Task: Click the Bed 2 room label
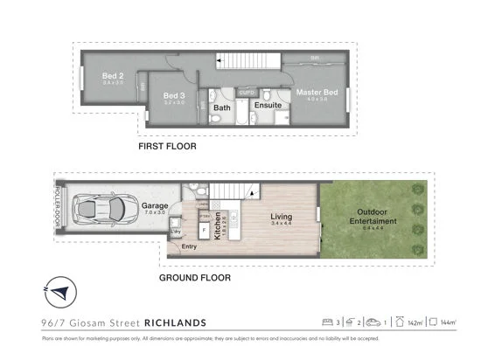click(112, 76)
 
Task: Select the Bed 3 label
click(174, 94)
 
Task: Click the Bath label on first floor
click(222, 107)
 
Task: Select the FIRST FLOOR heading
click(167, 147)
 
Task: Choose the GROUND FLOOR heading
click(194, 278)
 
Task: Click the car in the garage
click(103, 210)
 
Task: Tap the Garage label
click(155, 207)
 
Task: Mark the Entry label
click(189, 246)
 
